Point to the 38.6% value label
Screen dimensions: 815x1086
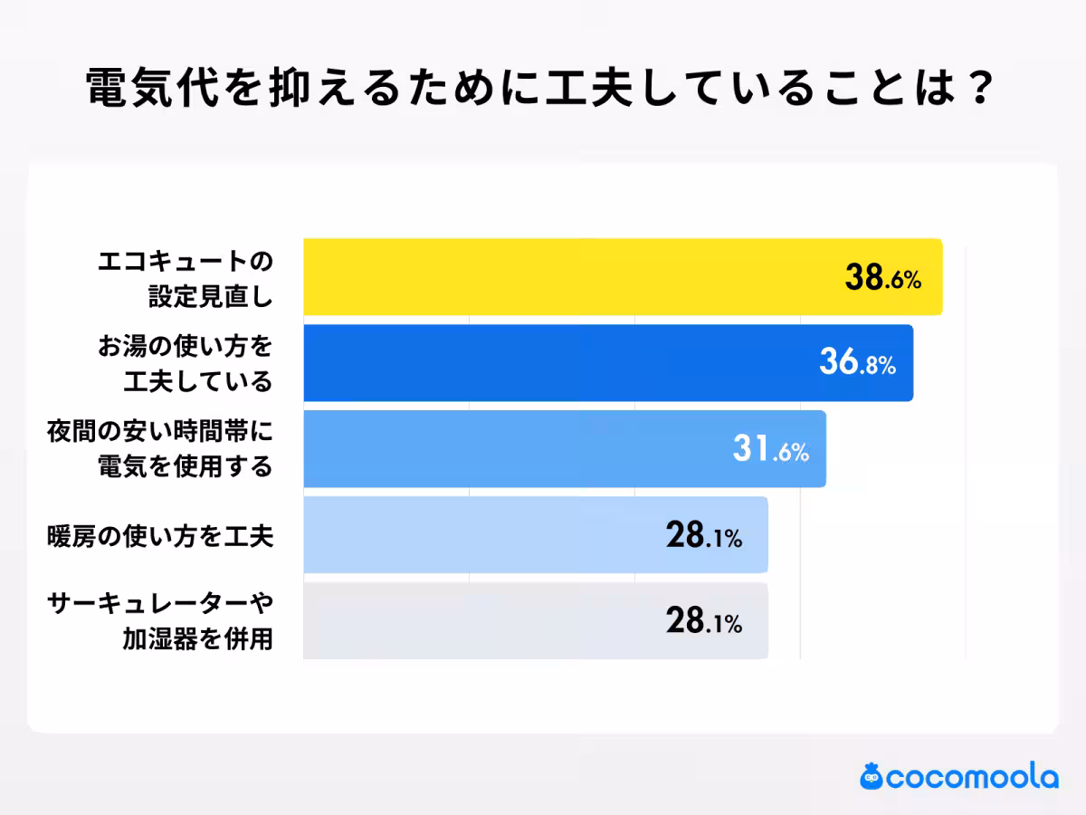(882, 279)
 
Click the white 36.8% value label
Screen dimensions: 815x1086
(856, 364)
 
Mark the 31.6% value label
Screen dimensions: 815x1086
(770, 450)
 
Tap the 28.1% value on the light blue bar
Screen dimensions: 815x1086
(703, 537)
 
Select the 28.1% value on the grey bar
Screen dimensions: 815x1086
(703, 622)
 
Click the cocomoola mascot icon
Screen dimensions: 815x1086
(872, 776)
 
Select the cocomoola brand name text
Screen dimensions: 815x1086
(972, 778)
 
